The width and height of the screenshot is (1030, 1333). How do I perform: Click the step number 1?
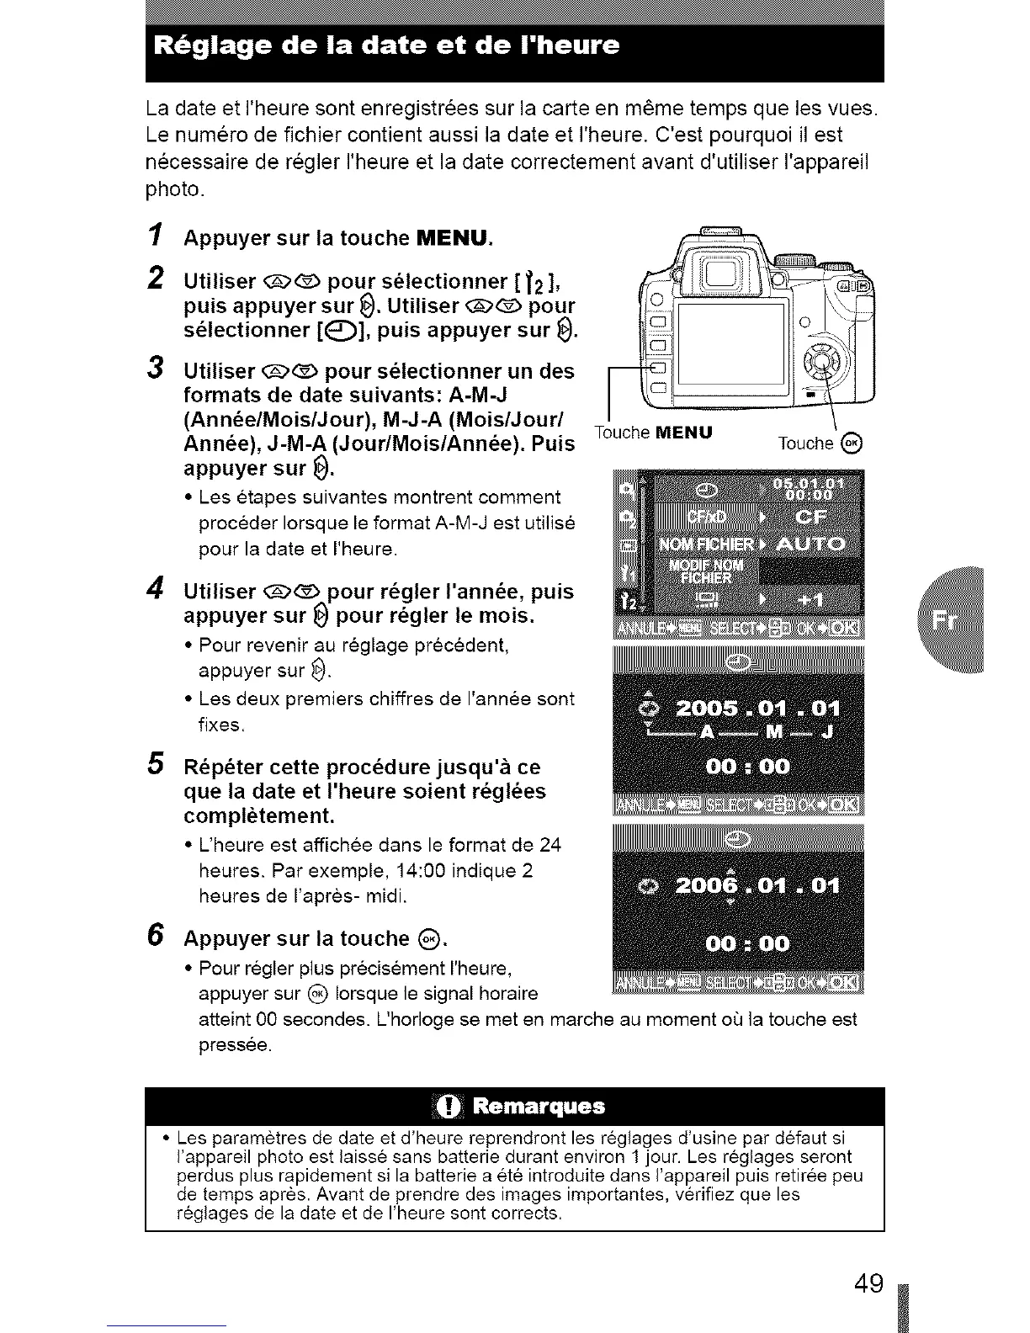[x=154, y=237]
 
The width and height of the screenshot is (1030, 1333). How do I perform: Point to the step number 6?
[x=154, y=936]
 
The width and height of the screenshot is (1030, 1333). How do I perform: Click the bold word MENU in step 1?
[x=453, y=238]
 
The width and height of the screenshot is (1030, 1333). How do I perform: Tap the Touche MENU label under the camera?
[x=653, y=433]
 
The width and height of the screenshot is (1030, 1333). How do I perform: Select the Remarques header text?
[x=539, y=1106]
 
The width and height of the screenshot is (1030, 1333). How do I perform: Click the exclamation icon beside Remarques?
[x=448, y=1106]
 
